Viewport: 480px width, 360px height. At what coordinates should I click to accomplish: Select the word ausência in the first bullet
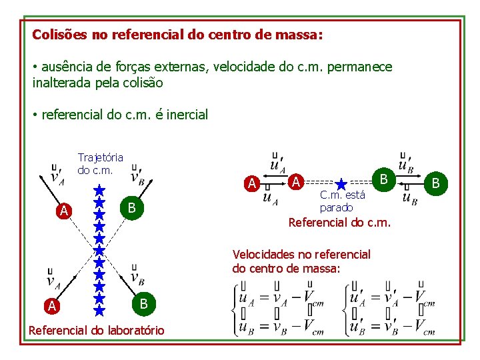(68, 67)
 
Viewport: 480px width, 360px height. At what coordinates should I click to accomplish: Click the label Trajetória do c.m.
(100, 163)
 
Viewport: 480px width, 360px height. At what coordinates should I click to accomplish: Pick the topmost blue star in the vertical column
(99, 190)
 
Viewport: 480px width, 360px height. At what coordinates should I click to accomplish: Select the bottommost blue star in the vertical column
(99, 309)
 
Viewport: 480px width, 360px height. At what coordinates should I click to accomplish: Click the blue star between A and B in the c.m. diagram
(341, 184)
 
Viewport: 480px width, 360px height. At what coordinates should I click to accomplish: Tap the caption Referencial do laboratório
(96, 330)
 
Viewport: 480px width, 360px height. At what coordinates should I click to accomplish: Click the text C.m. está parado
(342, 201)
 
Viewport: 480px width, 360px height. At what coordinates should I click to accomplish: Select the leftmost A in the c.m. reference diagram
(251, 183)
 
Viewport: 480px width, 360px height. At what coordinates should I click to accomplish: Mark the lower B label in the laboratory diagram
(142, 304)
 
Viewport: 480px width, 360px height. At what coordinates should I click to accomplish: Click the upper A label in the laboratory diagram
(63, 211)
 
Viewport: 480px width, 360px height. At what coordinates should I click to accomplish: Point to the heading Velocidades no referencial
(301, 254)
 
